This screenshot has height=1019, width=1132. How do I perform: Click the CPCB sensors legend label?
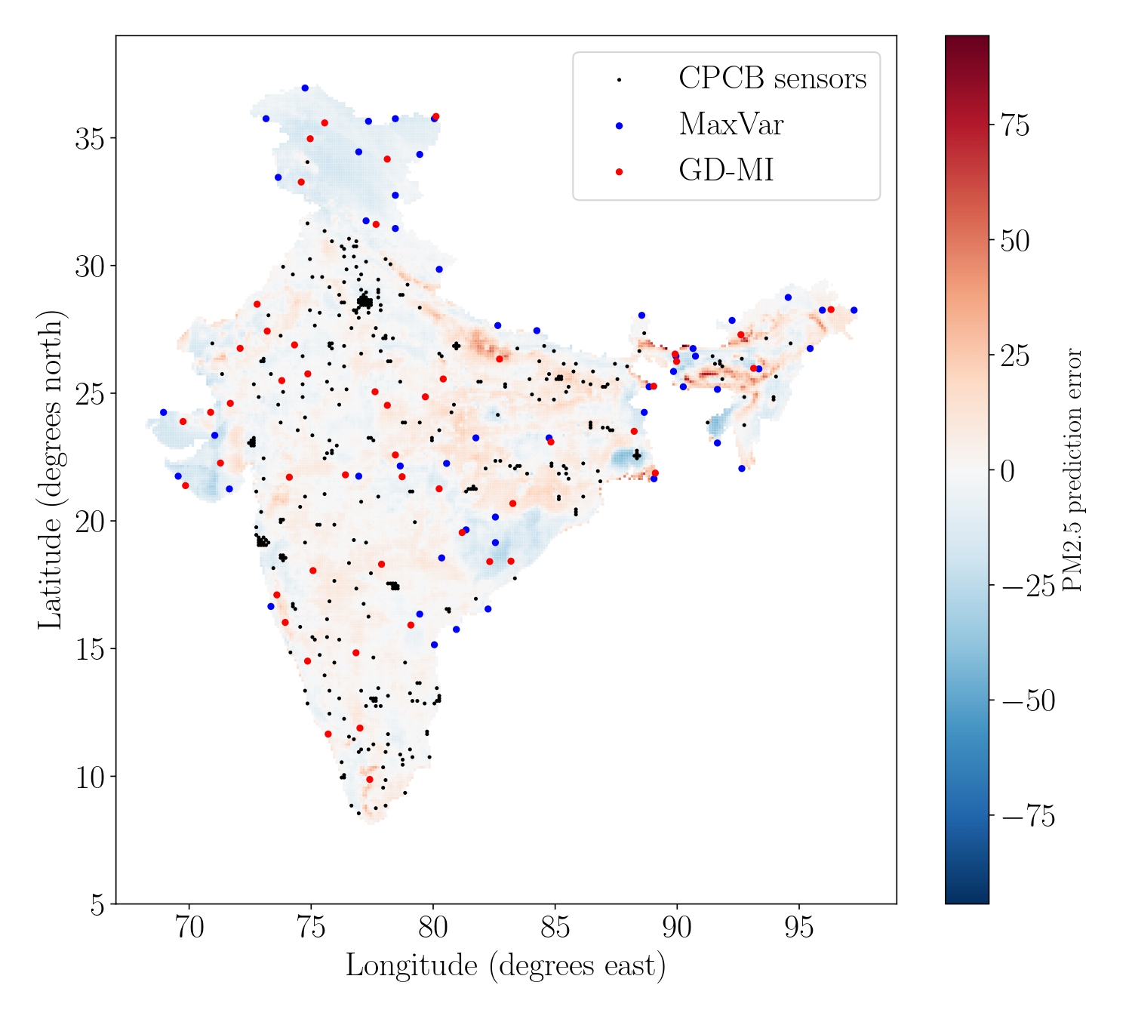click(x=772, y=79)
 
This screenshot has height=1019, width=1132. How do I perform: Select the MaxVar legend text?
click(x=731, y=125)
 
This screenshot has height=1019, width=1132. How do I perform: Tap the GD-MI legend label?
click(x=726, y=171)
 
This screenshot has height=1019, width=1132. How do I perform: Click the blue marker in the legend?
click(x=619, y=126)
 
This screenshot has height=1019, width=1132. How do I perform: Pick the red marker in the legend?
click(x=619, y=172)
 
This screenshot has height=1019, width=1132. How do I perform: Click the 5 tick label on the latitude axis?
click(x=97, y=904)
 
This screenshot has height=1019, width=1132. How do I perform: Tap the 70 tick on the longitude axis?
click(x=189, y=928)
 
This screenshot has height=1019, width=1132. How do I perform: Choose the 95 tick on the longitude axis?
click(x=798, y=928)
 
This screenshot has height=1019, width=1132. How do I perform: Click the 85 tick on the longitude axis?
click(x=555, y=928)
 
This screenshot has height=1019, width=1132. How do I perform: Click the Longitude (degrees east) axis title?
click(x=506, y=966)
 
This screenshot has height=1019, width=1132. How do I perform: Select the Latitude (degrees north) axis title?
click(x=51, y=469)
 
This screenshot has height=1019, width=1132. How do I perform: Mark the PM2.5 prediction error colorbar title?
click(x=1072, y=469)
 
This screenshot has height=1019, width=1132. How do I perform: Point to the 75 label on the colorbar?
click(x=1014, y=126)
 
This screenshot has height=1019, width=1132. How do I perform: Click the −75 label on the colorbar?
click(x=1028, y=817)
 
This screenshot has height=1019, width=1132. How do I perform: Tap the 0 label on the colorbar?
click(x=1007, y=471)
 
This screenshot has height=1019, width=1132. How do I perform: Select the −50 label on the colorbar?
click(x=1028, y=701)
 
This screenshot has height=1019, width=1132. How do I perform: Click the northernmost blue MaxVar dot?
click(x=305, y=88)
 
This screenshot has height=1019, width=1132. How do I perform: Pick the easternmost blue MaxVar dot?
click(x=854, y=310)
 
